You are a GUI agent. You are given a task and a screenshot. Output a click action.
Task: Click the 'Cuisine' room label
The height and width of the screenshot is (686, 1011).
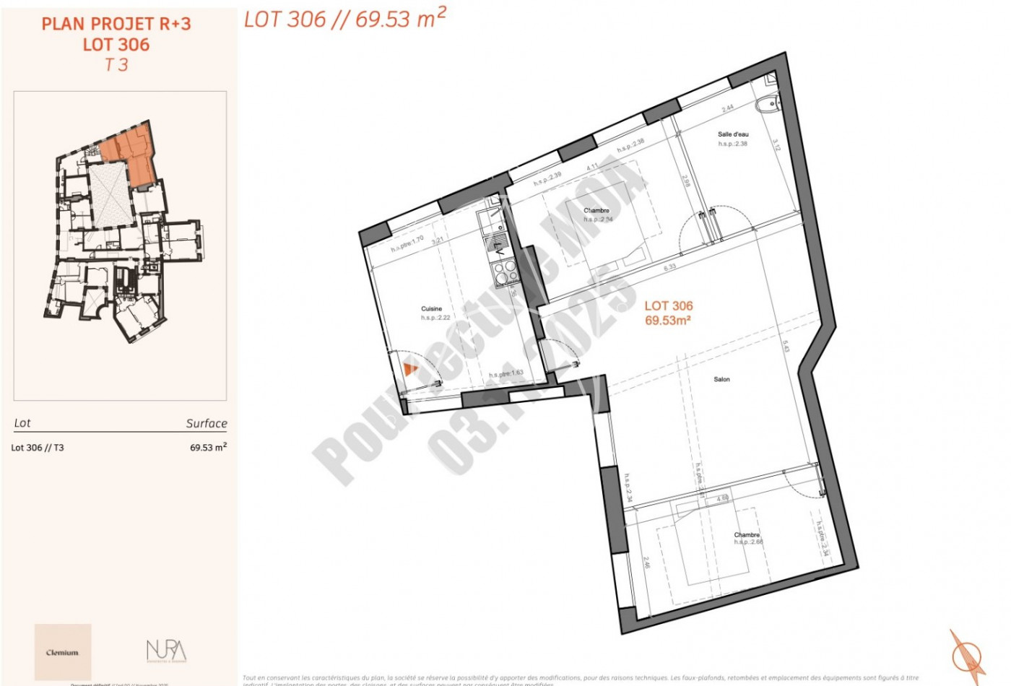tap(431, 308)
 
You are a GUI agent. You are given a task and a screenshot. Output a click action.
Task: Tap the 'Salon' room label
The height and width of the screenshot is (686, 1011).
tap(721, 379)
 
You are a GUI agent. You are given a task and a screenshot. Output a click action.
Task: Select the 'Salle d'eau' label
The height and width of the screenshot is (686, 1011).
tap(733, 134)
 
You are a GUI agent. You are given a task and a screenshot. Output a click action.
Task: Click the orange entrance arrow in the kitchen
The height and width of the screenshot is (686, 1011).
tap(410, 370)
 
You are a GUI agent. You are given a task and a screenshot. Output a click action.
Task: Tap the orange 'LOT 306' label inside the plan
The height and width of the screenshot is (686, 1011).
tap(668, 306)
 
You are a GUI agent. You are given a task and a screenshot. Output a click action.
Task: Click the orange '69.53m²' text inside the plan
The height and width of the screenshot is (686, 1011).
tap(668, 321)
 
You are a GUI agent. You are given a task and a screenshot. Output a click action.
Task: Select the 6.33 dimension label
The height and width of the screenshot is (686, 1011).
tap(669, 267)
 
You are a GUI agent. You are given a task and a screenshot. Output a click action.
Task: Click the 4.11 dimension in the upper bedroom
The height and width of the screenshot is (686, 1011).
tap(592, 168)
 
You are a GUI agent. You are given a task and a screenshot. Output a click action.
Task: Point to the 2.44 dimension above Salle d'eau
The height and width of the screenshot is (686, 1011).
tap(728, 108)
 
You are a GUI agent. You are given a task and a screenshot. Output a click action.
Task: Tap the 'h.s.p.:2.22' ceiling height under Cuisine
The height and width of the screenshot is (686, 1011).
tap(435, 318)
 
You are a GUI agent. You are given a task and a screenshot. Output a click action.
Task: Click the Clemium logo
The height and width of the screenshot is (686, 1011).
tap(63, 652)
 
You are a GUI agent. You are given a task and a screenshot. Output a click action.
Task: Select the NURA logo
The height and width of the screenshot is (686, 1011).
tap(166, 651)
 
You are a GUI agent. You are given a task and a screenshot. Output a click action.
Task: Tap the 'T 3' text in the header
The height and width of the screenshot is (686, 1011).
tap(116, 65)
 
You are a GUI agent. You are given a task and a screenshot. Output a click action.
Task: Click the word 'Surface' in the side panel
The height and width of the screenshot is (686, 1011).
tap(207, 423)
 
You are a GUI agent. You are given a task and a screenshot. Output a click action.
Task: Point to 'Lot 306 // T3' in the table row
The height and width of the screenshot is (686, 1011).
tap(38, 448)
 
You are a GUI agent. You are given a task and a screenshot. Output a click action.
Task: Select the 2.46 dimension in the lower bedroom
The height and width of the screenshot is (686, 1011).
tap(646, 563)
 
